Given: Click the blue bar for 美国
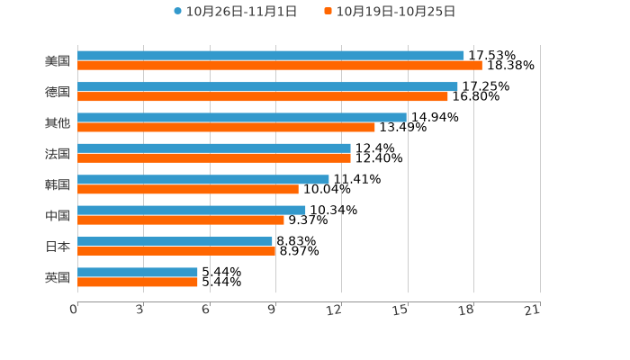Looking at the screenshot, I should click(270, 56).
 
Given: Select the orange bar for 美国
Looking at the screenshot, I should click(279, 66).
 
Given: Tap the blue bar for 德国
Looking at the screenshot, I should click(267, 86).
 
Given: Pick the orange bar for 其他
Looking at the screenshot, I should click(226, 127).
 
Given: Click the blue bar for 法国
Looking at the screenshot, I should click(214, 148).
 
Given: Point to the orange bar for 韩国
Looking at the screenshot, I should click(188, 189).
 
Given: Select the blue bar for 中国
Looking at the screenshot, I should click(192, 211).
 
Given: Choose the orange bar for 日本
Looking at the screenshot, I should click(176, 251).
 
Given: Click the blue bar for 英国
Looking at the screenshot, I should click(138, 272).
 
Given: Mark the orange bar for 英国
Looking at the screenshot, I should click(138, 282).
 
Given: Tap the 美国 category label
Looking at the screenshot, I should click(58, 61).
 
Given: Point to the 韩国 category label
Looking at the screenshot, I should click(58, 184).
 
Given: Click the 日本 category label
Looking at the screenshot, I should click(58, 247).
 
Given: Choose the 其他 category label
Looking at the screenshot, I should click(58, 122).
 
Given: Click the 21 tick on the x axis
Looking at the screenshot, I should click(532, 310).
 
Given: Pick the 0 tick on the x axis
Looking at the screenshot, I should click(74, 310).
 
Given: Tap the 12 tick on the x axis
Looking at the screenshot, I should click(334, 310).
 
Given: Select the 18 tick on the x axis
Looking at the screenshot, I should click(466, 310).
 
